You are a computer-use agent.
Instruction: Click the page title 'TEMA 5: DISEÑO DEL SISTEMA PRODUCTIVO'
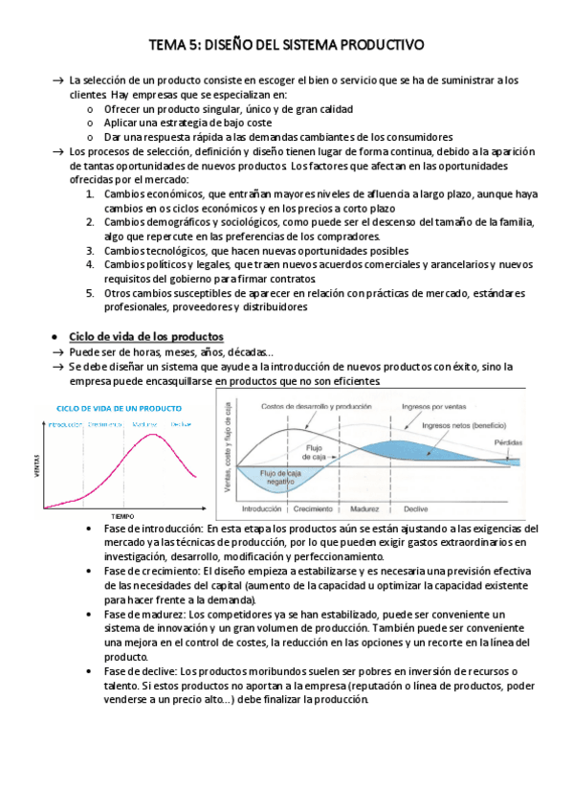pyautogui.click(x=286, y=45)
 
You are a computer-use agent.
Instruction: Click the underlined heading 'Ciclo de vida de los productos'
pyautogui.click(x=146, y=337)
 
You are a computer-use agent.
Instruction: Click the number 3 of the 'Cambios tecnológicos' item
pyautogui.click(x=89, y=250)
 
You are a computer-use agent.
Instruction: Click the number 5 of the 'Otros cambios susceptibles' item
pyautogui.click(x=89, y=293)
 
